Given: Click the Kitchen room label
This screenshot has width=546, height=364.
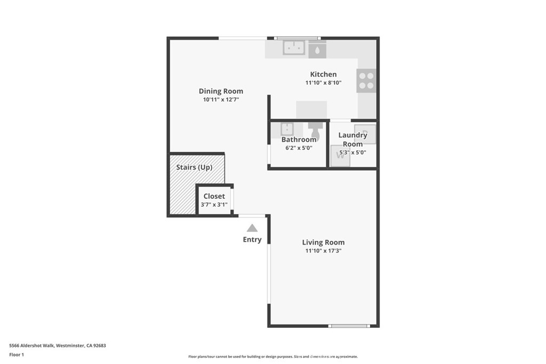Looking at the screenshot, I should [323, 75].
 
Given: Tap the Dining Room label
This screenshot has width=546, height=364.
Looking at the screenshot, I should [221, 91].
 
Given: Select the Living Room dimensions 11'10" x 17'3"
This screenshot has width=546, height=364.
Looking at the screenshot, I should [323, 250].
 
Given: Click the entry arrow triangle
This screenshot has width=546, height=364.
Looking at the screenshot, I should [252, 228].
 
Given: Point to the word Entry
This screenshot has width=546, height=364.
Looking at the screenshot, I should [252, 240].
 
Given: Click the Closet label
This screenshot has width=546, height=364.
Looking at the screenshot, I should [214, 196].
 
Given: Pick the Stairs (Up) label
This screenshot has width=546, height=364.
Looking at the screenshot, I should [194, 167].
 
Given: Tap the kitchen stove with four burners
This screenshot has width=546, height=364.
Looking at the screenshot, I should [366, 80].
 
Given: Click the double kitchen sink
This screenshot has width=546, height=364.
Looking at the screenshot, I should [293, 48].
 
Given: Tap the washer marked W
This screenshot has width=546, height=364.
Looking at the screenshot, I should [340, 157].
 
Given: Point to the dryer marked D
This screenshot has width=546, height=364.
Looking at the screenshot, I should [365, 133].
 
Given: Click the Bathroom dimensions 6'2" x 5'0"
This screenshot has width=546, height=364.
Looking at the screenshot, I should [299, 148].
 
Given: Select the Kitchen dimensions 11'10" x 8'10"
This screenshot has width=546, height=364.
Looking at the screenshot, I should [323, 83].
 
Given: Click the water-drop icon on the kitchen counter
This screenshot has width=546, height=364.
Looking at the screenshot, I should [317, 51].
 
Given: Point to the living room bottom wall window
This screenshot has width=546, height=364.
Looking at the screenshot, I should [349, 326].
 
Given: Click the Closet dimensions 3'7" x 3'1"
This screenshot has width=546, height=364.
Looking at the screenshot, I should [214, 205].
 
